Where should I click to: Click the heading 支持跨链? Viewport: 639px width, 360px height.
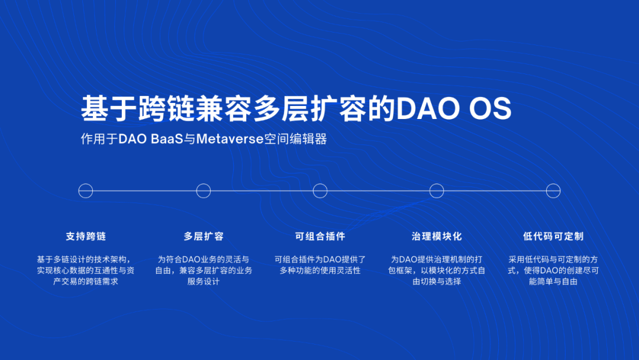(86, 236)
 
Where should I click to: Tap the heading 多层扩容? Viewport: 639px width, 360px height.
(204, 236)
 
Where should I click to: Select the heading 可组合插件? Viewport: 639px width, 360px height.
(320, 236)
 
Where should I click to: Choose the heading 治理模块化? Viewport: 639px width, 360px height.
(437, 236)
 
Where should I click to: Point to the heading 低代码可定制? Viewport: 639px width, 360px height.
(553, 236)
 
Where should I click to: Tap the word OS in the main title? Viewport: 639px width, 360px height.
(490, 108)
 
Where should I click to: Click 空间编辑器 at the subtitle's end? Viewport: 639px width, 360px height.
(295, 139)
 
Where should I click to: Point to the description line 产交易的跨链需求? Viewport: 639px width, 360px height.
(86, 281)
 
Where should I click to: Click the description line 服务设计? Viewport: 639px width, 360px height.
(204, 281)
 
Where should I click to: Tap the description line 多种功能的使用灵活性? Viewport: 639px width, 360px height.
(320, 271)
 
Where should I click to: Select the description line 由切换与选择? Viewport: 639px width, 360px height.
(437, 281)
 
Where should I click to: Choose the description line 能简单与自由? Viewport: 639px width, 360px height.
(553, 281)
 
